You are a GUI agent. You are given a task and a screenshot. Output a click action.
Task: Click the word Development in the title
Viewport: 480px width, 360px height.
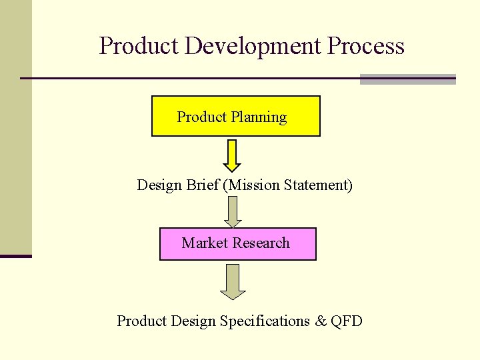(253, 47)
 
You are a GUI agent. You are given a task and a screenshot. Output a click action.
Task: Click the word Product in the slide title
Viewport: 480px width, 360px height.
(140, 47)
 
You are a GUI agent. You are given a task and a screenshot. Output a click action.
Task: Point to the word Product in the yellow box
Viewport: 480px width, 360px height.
(201, 117)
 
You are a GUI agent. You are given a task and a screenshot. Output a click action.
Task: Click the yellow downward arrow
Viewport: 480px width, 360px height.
(231, 155)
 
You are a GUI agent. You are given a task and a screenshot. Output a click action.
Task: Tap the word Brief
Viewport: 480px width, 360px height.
(203, 185)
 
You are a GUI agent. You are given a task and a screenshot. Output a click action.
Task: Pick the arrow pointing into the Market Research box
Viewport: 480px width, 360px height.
(232, 211)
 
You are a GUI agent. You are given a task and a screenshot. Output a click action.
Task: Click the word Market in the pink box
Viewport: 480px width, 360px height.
(205, 243)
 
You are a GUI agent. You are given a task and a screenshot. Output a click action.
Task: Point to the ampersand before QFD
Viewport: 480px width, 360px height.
(321, 321)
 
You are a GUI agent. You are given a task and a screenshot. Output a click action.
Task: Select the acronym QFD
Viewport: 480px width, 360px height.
(347, 321)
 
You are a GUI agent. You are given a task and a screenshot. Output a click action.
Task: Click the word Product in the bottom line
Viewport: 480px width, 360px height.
(141, 321)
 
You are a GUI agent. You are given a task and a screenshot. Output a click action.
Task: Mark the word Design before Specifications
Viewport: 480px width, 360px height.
(193, 321)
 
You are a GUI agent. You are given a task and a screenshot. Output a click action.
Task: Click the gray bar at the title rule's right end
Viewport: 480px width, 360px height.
(407, 79)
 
